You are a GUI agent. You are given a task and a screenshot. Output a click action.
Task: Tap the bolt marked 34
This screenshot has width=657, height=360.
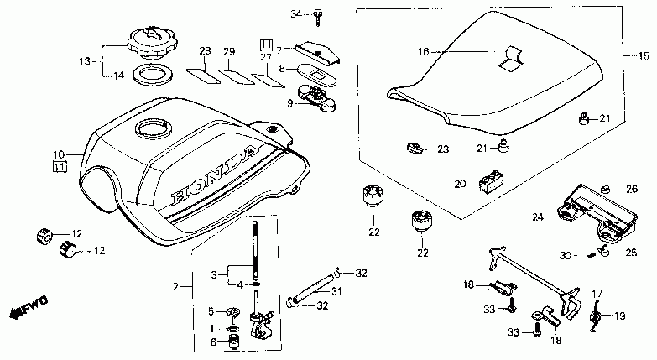[320, 14]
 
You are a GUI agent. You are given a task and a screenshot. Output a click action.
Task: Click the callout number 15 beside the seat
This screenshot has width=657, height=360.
[644, 57]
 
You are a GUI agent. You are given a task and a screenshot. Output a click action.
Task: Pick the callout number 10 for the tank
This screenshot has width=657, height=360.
[59, 154]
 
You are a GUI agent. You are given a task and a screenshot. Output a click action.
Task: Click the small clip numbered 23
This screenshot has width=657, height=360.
[415, 148]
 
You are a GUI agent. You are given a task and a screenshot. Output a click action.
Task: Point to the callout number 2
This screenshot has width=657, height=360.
[176, 288]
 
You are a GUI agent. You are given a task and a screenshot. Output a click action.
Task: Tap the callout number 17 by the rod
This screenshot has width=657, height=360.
[597, 294]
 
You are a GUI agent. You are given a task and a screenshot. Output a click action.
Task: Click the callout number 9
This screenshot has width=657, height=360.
[290, 102]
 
